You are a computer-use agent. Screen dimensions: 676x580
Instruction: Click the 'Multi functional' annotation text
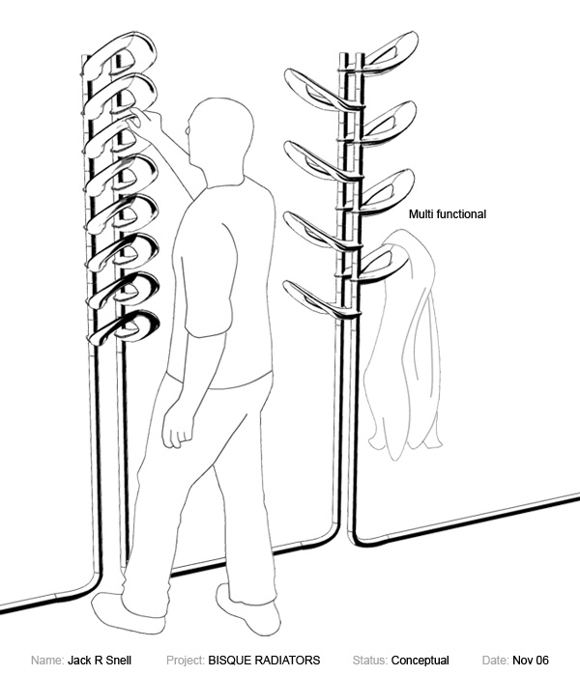(x=448, y=214)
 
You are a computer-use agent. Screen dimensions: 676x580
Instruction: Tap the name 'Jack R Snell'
(x=100, y=661)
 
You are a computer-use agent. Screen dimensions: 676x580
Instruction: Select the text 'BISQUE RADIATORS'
(x=264, y=661)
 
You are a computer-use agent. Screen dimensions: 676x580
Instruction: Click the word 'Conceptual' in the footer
(x=420, y=661)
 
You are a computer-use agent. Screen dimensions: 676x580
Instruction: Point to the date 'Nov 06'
(x=531, y=661)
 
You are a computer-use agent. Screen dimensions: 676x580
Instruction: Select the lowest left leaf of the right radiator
(x=314, y=295)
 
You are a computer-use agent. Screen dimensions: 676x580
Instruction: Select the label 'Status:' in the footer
(x=370, y=661)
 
